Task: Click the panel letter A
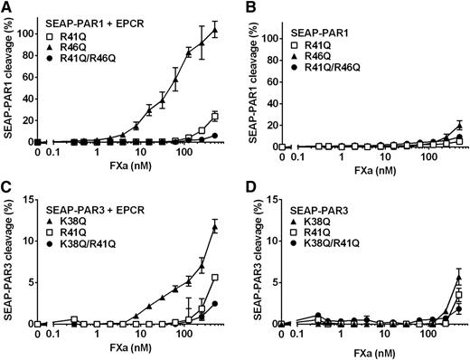6,7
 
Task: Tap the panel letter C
6,191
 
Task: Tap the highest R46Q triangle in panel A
214,30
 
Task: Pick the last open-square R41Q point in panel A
214,116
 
